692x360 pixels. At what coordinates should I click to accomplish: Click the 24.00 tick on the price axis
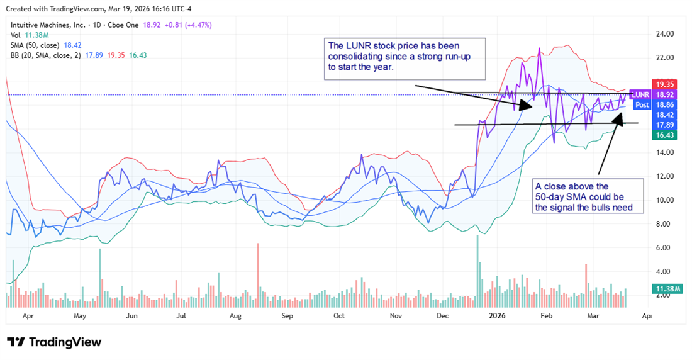pyautogui.click(x=665, y=33)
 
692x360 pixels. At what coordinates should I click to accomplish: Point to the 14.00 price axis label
pyautogui.click(x=665, y=152)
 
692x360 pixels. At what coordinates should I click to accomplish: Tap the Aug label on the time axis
pyautogui.click(x=235, y=318)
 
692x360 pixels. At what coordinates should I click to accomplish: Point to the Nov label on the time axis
pyautogui.click(x=395, y=318)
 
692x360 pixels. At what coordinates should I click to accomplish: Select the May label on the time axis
pyautogui.click(x=79, y=318)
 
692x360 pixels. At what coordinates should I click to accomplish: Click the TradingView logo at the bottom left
pyautogui.click(x=54, y=342)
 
